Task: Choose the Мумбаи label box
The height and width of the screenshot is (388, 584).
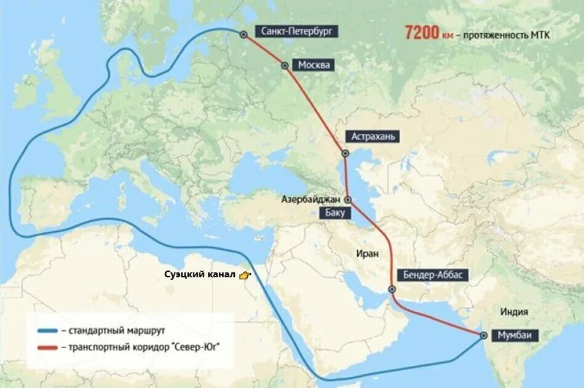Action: point(515,336)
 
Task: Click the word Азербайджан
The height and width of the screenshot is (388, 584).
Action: point(312,199)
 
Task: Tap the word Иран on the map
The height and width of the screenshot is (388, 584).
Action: point(366,253)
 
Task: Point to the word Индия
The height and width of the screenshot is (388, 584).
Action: point(515,311)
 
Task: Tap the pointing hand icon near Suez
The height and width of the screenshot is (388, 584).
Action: point(245,275)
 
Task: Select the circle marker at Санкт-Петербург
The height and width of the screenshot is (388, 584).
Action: point(244,34)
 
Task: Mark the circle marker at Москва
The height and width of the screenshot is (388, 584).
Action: point(284,65)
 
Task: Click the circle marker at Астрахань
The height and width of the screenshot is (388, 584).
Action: point(345,153)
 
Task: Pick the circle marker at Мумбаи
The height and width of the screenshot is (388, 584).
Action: point(484,336)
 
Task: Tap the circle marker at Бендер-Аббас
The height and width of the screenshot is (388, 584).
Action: point(392,289)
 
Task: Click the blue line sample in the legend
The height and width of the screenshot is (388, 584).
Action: point(47,330)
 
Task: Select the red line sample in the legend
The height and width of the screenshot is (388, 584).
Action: point(47,347)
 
